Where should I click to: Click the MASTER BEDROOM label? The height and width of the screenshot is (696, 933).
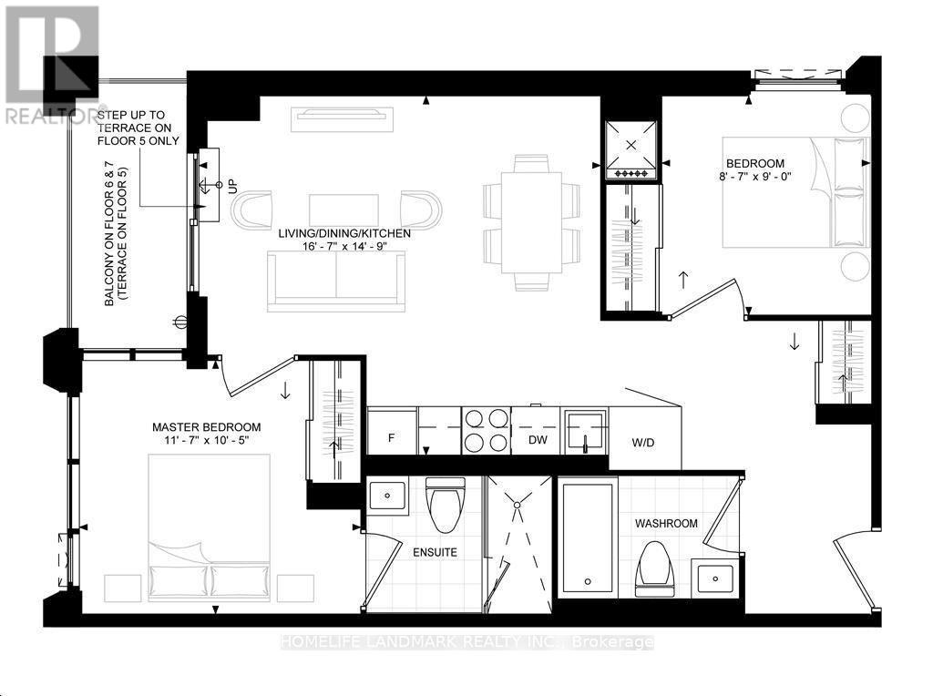207,427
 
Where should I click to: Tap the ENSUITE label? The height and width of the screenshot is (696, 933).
435,553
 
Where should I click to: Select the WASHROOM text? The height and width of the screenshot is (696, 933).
666,524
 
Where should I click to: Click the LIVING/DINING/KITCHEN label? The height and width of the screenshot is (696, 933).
344,233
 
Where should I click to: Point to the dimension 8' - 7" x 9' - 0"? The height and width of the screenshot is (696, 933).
755,177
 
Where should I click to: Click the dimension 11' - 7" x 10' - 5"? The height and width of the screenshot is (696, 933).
207,440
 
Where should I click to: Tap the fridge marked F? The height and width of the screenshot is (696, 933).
392,431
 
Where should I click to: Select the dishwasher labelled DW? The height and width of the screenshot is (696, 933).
536,431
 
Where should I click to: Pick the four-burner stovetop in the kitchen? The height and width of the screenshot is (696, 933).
487,431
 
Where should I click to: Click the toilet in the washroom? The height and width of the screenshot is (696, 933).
654,569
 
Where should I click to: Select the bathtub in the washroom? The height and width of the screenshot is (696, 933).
588,538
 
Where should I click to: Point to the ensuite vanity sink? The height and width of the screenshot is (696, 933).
388,495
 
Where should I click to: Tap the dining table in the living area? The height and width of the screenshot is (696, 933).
531,222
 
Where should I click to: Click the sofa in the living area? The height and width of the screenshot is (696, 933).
336,281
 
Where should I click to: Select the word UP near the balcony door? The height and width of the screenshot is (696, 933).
232,186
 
